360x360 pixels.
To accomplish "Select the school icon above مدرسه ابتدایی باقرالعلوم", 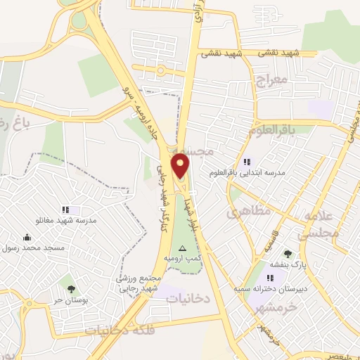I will (x=246, y=162).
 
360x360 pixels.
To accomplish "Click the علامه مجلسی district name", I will (x=323, y=226).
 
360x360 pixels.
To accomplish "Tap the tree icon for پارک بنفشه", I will (x=288, y=254).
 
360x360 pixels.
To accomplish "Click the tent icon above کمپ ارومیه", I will (x=183, y=248).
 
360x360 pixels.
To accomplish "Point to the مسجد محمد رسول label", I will (x=33, y=248).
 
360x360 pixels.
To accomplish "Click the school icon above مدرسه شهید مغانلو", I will (x=65, y=210).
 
